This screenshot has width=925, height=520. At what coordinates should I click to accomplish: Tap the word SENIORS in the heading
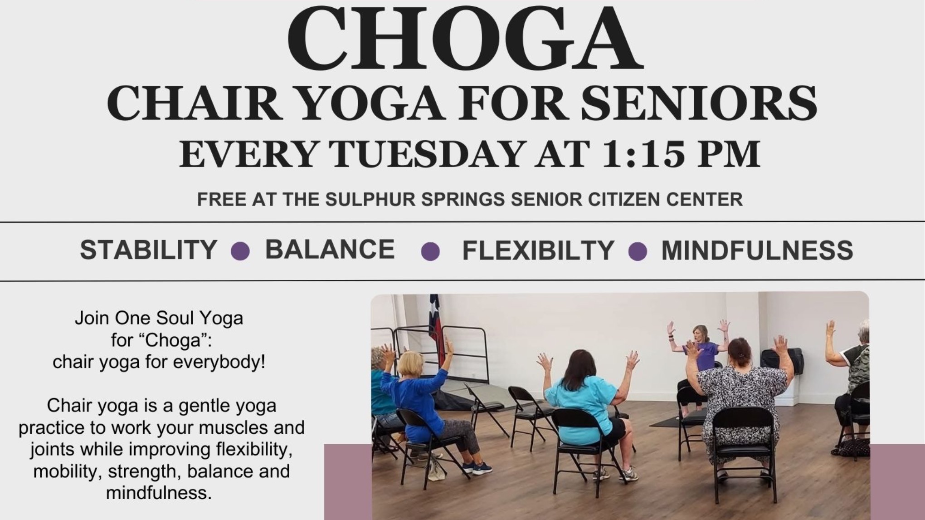[x=699, y=104]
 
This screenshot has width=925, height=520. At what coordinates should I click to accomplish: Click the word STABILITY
[x=148, y=250]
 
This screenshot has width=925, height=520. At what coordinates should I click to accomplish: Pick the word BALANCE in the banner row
[x=330, y=249]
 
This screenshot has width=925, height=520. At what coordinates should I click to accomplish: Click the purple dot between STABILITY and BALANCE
[x=240, y=251]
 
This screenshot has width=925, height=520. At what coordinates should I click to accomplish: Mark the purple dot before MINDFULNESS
[x=638, y=251]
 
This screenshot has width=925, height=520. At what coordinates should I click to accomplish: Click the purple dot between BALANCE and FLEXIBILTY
[x=430, y=251]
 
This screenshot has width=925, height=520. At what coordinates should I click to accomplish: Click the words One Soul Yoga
[x=179, y=318]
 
